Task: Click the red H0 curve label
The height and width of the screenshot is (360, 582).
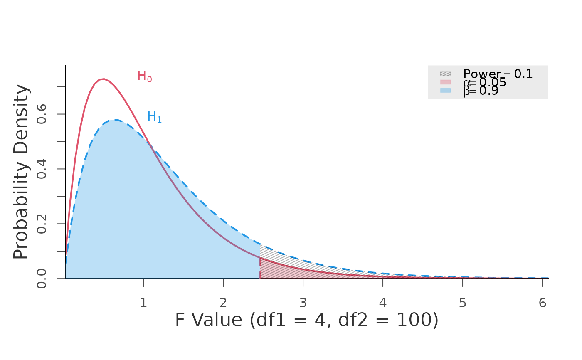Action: (x=144, y=76)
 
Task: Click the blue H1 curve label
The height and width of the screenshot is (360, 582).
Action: (x=154, y=117)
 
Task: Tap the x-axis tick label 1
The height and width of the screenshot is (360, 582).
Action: (x=143, y=303)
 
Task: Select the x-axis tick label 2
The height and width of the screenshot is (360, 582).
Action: (x=223, y=303)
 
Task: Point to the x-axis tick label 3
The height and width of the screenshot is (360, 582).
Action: (x=303, y=303)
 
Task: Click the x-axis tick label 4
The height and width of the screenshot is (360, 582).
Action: (x=383, y=303)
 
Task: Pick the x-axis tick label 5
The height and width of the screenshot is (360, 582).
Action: (x=463, y=303)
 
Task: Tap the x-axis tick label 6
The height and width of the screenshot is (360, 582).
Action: (x=542, y=303)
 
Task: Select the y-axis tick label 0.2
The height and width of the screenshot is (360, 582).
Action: (x=42, y=224)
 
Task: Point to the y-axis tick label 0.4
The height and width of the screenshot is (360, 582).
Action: (x=42, y=169)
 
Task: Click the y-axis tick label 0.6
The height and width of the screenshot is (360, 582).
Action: (x=42, y=114)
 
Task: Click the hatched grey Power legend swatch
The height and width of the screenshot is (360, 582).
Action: (x=445, y=74)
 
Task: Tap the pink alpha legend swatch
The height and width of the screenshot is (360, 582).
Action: (x=445, y=82)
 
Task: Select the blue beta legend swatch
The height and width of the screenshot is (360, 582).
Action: (x=445, y=90)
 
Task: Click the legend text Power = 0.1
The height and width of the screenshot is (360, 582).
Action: (x=498, y=74)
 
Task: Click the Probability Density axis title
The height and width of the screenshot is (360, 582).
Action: (x=21, y=172)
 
